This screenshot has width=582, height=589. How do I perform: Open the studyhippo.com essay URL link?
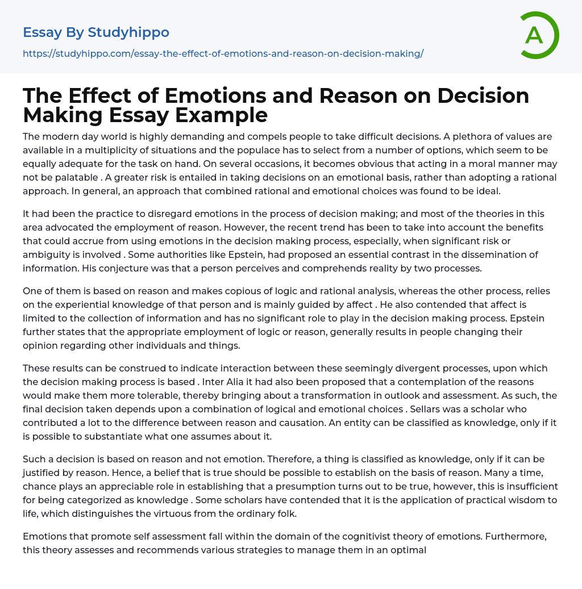[223, 54]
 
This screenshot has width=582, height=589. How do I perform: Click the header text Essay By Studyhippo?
[96, 32]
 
